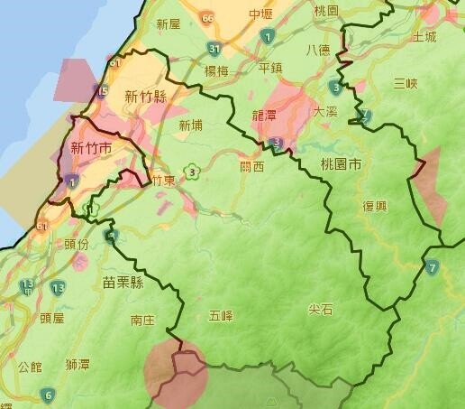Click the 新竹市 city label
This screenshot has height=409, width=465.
(91, 149)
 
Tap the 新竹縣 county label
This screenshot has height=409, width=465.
(145, 97)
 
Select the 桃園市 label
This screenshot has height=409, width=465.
(340, 165)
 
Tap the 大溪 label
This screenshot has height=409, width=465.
(324, 111)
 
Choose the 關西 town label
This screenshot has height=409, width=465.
(252, 166)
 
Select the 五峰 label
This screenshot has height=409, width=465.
(221, 315)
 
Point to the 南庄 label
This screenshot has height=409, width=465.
(142, 321)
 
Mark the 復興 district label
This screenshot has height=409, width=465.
(375, 205)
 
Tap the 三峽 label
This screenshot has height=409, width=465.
(406, 84)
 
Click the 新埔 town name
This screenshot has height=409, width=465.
(190, 125)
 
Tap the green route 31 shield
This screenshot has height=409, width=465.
(214, 49)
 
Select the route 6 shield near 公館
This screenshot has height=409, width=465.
(47, 395)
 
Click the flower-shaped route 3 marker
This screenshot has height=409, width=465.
(192, 171)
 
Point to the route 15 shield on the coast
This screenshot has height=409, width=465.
(102, 90)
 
